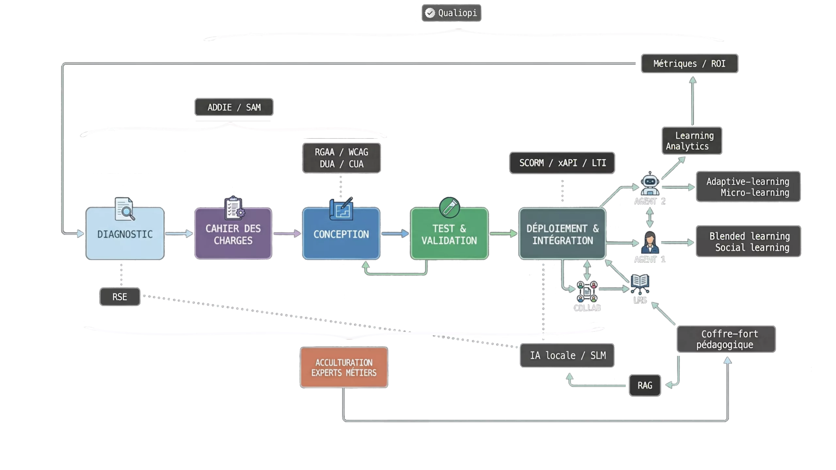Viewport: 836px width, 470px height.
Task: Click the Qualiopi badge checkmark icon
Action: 430,13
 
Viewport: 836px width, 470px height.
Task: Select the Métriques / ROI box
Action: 689,63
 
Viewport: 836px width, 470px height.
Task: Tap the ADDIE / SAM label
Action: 234,107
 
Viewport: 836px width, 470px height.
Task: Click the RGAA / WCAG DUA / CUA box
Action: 341,158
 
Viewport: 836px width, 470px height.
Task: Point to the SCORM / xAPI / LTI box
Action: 562,163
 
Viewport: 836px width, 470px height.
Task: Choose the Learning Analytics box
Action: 692,141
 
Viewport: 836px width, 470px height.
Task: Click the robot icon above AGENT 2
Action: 650,183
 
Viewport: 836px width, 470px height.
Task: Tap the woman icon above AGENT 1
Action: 650,242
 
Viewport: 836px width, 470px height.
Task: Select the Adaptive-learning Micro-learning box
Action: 748,187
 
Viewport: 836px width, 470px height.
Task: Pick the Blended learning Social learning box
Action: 748,242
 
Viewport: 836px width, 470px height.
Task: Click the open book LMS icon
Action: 640,284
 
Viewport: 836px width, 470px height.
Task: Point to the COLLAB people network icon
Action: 587,291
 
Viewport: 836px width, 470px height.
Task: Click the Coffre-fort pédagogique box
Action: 726,339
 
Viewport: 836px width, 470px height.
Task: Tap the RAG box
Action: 645,385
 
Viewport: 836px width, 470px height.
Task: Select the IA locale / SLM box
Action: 567,355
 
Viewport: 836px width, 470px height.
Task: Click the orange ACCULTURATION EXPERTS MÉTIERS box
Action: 344,368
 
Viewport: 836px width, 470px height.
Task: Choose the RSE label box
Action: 120,297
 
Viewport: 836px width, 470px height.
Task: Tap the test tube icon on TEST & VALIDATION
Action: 449,207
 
